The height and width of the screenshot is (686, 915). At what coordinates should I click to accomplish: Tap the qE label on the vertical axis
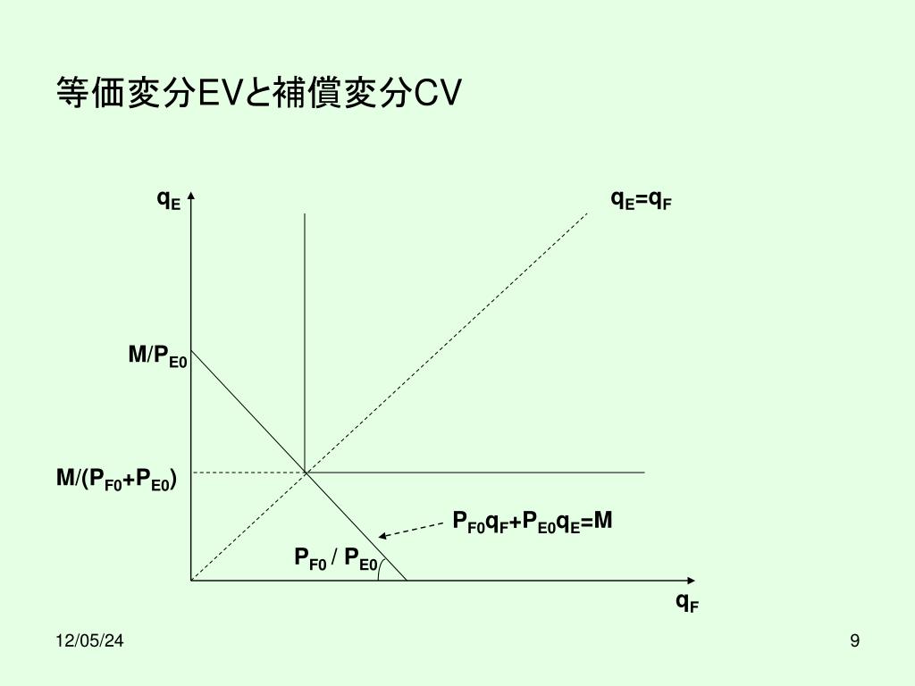pos(168,199)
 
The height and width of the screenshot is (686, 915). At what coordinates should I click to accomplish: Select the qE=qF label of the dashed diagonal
pos(641,199)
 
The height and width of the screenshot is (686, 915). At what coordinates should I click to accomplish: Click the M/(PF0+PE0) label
pos(116,481)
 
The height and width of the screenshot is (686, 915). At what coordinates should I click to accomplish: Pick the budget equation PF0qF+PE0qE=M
pos(532,522)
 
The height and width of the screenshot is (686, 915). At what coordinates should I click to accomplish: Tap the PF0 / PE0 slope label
pos(336,559)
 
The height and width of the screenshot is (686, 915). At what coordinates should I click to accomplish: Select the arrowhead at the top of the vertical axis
pos(192,196)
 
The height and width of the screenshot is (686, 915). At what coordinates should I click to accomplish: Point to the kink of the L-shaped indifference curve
pos(306,472)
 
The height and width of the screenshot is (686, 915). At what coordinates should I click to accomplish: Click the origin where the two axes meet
pos(192,581)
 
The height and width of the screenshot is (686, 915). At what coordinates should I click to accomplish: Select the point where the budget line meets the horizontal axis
pos(407,581)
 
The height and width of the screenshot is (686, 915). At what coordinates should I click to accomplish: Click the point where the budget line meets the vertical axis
pos(192,349)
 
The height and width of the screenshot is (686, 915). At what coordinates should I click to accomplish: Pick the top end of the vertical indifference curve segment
pos(306,214)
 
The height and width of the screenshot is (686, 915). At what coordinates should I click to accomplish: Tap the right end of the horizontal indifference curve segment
pos(643,472)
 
